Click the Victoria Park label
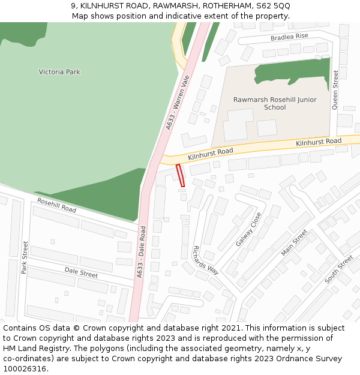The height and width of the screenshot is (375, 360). (x=59, y=72)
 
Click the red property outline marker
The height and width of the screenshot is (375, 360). (x=180, y=175)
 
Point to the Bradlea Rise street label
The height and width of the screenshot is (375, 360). (x=289, y=37)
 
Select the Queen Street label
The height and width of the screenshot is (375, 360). (x=335, y=90)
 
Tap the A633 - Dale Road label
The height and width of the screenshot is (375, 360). (x=142, y=251)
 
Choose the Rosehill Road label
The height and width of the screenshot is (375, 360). (x=56, y=205)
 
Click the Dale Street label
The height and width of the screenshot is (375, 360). (x=81, y=272)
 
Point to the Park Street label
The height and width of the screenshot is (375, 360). (x=25, y=257)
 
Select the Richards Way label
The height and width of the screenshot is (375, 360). (x=205, y=259)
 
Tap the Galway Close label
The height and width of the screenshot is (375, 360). (x=248, y=229)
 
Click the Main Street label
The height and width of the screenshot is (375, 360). (x=295, y=242)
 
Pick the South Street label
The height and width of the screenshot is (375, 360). (x=339, y=269)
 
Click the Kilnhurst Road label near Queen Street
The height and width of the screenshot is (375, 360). (x=319, y=142)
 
